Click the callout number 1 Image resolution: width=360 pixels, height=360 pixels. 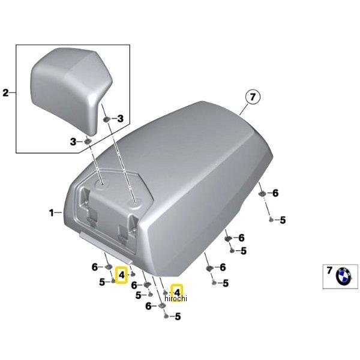tap(52, 212)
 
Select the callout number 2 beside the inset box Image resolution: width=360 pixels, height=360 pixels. tap(6, 92)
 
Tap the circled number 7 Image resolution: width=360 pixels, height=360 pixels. tap(252, 97)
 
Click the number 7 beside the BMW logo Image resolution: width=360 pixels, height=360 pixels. tap(328, 271)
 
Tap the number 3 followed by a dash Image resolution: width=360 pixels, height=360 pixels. tap(74, 142)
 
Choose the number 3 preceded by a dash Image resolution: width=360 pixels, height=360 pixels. tap(120, 119)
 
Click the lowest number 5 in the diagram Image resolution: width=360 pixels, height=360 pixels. tap(178, 316)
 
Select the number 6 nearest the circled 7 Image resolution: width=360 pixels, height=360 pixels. tap(275, 193)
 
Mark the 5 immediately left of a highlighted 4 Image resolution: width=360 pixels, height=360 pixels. tap(103, 281)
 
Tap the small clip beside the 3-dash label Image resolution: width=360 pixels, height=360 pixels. tap(88, 141)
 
